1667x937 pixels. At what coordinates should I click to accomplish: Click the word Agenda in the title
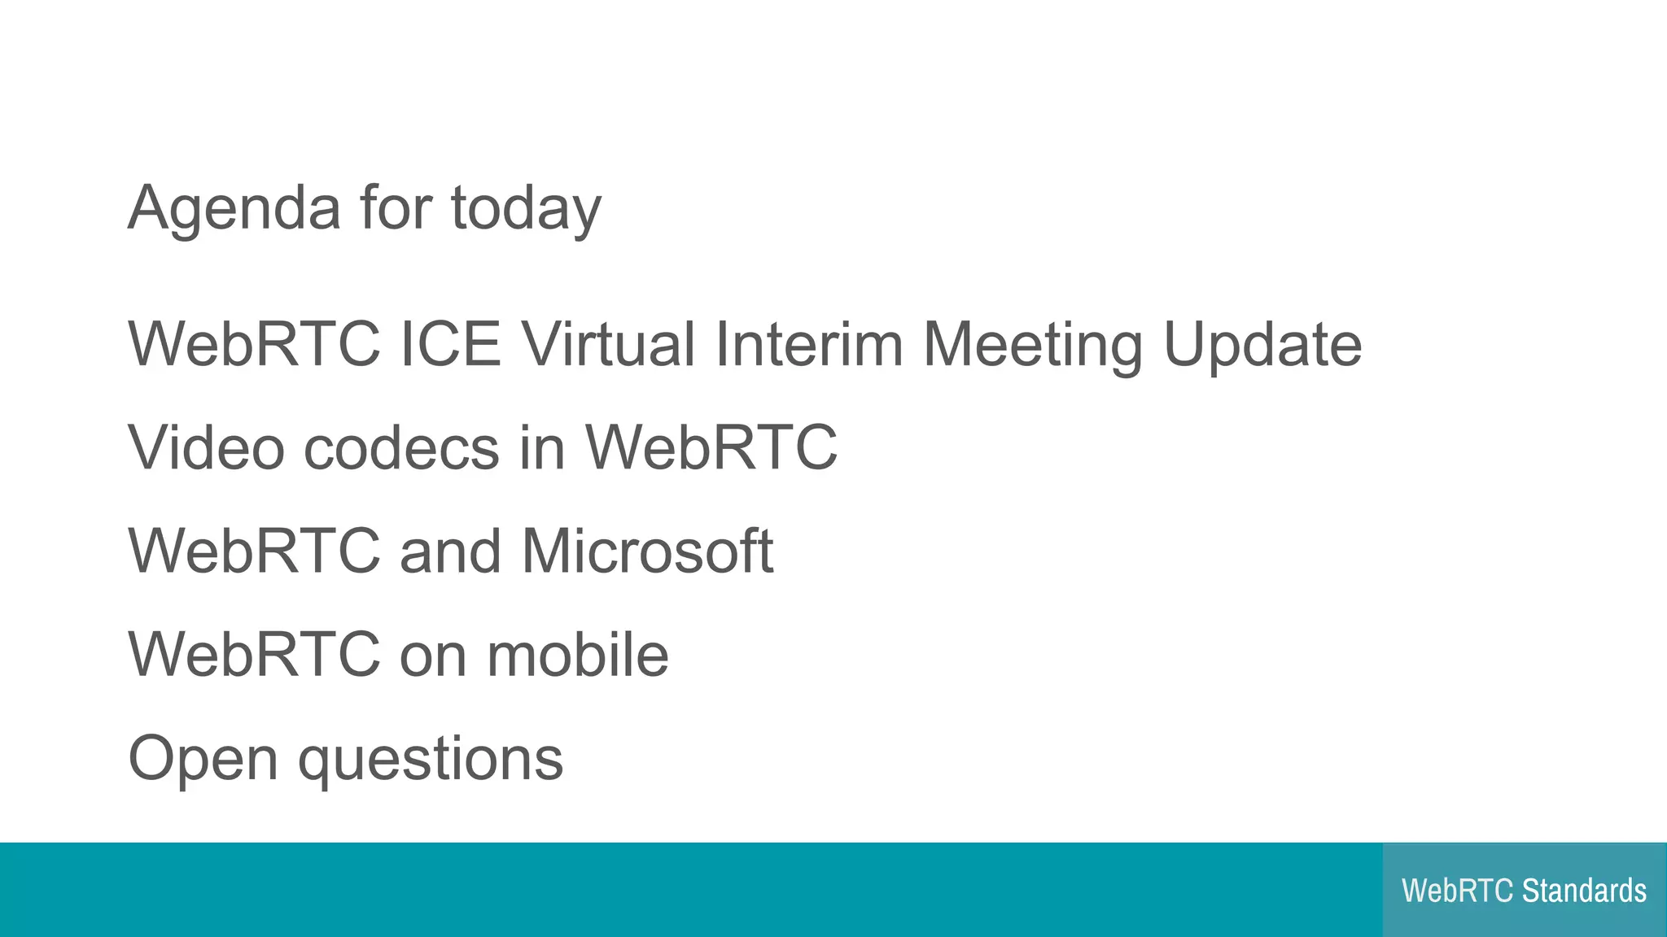click(x=234, y=209)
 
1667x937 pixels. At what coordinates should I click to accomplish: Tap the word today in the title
click(x=526, y=209)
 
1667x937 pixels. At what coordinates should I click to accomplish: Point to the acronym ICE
click(x=450, y=344)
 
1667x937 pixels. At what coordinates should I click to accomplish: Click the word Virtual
click(x=608, y=344)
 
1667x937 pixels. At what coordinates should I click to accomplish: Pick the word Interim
click(x=809, y=344)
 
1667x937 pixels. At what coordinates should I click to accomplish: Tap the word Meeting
click(x=1032, y=346)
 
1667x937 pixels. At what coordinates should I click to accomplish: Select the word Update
click(x=1262, y=346)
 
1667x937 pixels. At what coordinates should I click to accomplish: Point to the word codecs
click(x=401, y=447)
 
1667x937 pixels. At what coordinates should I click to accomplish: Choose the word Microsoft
click(x=647, y=551)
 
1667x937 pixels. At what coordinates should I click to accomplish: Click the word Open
click(x=203, y=760)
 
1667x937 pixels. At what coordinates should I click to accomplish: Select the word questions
click(x=431, y=760)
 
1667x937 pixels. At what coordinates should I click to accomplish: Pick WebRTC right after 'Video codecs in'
click(x=711, y=447)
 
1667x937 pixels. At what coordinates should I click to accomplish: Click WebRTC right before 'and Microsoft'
click(x=254, y=551)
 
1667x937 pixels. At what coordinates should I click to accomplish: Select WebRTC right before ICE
click(x=254, y=344)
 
